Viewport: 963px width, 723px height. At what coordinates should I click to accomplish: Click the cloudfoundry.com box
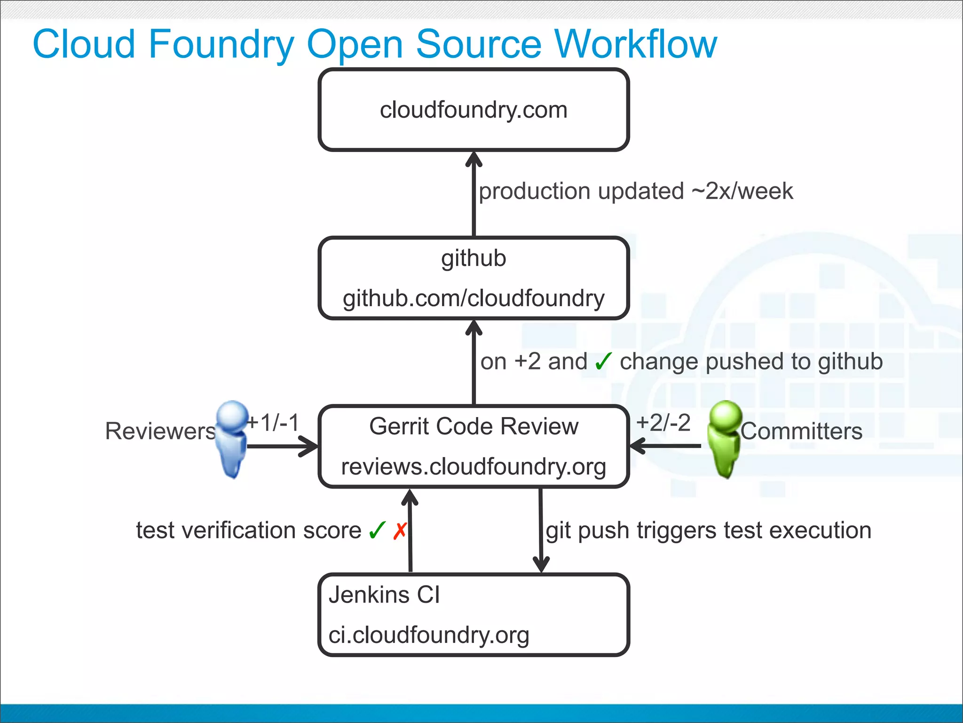pyautogui.click(x=474, y=110)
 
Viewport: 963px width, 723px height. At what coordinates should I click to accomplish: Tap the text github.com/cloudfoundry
pyautogui.click(x=474, y=298)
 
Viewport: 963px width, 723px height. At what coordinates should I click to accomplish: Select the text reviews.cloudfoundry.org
pyautogui.click(x=474, y=466)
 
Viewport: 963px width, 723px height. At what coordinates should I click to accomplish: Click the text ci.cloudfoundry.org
pyautogui.click(x=429, y=635)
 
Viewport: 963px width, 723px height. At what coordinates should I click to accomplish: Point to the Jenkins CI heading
pyautogui.click(x=384, y=595)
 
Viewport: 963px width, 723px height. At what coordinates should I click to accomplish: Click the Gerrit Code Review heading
pyautogui.click(x=474, y=426)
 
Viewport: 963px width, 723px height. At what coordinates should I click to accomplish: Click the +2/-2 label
pyautogui.click(x=663, y=422)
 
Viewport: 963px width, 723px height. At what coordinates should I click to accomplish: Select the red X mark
pyautogui.click(x=400, y=531)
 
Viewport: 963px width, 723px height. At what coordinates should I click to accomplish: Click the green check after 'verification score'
pyautogui.click(x=377, y=531)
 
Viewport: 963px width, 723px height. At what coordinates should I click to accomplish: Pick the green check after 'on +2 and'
pyautogui.click(x=603, y=361)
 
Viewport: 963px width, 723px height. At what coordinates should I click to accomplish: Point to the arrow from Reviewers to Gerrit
pyautogui.click(x=282, y=446)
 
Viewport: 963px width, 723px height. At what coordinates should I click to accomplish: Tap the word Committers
pyautogui.click(x=801, y=431)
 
